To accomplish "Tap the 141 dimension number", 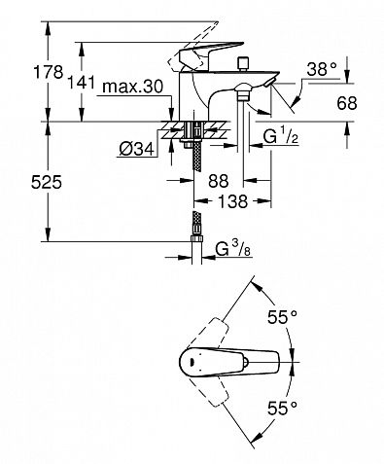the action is (81, 82).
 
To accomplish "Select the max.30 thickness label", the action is (132, 87).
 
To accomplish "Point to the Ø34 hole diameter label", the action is (136, 149).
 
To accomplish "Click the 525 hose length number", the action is (47, 182).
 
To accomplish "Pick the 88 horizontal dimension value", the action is (219, 180).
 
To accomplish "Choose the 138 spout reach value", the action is (232, 201).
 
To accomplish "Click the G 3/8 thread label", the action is (233, 250).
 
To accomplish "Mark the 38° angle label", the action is (322, 69).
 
